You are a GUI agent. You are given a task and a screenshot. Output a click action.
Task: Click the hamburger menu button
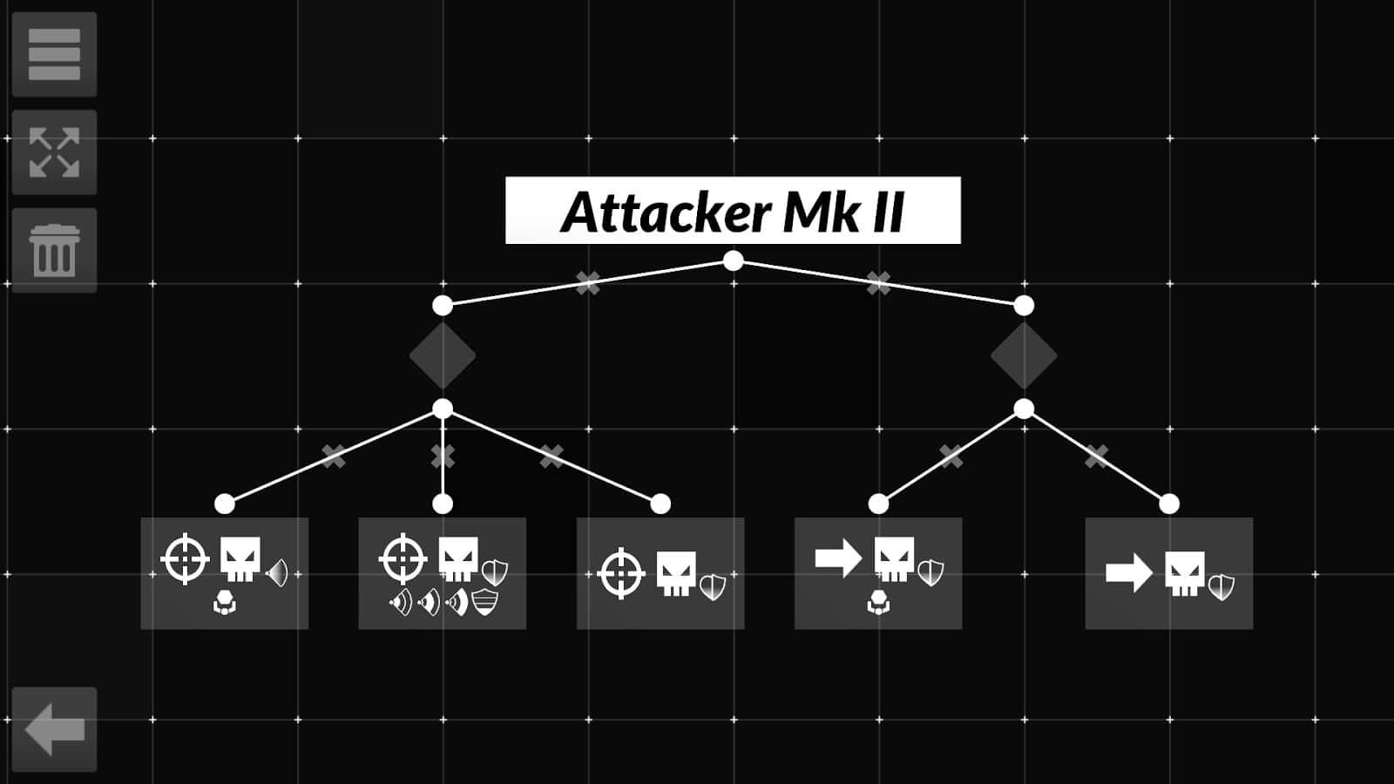tap(54, 54)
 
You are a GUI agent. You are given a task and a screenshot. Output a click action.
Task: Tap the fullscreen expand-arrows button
tap(54, 152)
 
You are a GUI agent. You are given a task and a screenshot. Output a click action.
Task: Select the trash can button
tap(54, 251)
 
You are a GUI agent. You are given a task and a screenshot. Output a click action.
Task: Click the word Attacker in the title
tap(667, 212)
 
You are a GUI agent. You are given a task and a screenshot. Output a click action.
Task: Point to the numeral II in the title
tap(888, 212)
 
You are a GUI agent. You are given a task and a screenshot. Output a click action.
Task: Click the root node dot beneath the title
tap(734, 260)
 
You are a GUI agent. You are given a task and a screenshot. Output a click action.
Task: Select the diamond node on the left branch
tap(443, 355)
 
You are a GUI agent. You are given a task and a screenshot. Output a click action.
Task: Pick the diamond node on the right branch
tap(1024, 355)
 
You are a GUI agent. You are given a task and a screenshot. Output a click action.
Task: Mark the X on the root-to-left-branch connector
tap(588, 282)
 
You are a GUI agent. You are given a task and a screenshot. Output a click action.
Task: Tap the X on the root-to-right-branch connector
tap(878, 282)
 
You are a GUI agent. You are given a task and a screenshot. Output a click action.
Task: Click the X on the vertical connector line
tap(443, 456)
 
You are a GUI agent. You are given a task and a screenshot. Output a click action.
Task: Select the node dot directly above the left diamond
tap(443, 306)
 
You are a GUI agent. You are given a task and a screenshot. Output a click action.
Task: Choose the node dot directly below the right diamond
tap(1024, 409)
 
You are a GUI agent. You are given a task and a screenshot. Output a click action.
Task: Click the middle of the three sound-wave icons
tap(429, 602)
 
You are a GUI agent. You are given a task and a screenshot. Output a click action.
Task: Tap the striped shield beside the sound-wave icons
tap(484, 602)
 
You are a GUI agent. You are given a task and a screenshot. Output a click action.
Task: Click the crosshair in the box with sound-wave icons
tap(403, 558)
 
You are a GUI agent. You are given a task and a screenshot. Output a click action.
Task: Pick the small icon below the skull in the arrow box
tap(878, 602)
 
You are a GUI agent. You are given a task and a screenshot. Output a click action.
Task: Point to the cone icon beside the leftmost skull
tap(277, 573)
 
